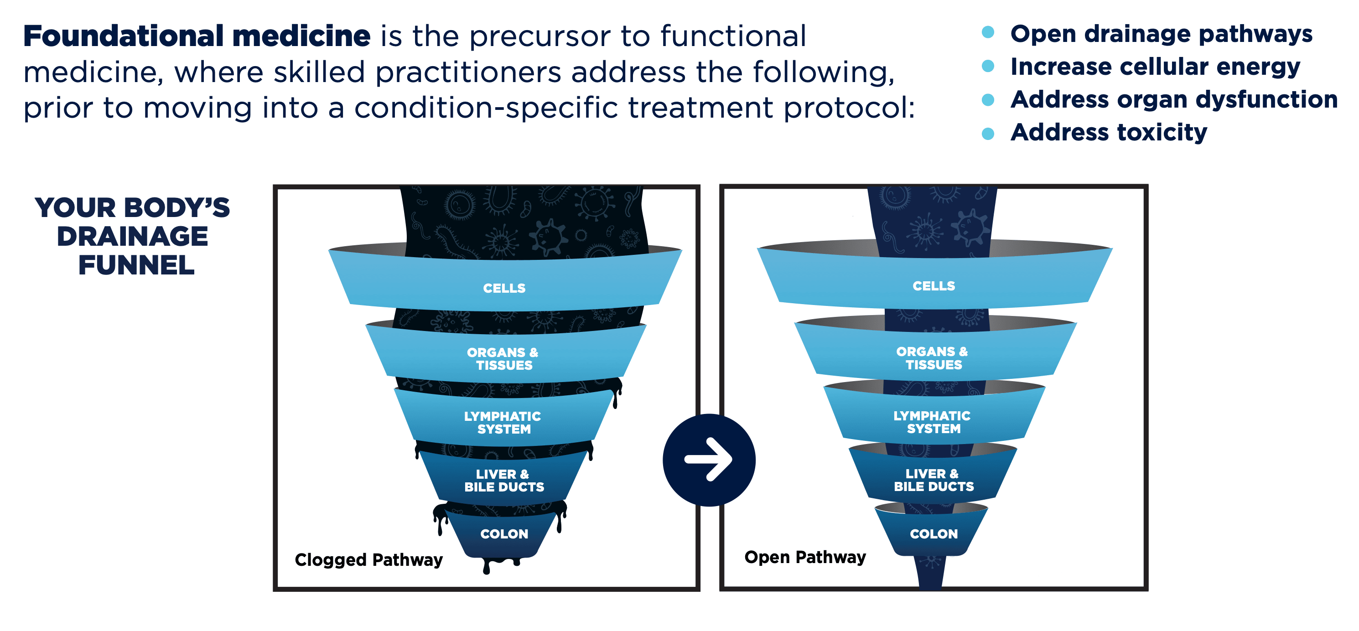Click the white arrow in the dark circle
click(x=709, y=459)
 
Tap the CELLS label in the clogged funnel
click(x=504, y=288)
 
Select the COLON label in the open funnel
click(x=933, y=533)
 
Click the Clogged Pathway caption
click(x=368, y=559)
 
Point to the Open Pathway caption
click(x=804, y=557)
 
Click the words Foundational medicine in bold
click(x=197, y=36)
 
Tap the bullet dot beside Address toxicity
click(x=988, y=134)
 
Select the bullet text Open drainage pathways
click(x=1161, y=34)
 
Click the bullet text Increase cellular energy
click(x=1155, y=67)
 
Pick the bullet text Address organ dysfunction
click(x=1174, y=99)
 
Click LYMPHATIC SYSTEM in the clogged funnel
click(x=503, y=423)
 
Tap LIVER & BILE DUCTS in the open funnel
click(x=933, y=480)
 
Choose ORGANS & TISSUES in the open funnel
click(x=932, y=358)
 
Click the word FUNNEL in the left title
click(x=136, y=265)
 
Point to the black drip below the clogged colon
click(x=487, y=568)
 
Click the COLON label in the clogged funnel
click(x=504, y=533)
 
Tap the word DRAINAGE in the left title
click(x=132, y=236)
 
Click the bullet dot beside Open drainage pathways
click(x=988, y=33)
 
